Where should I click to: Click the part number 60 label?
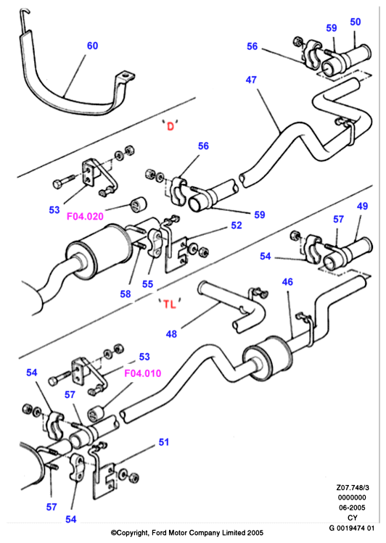92,46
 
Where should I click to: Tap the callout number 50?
355,22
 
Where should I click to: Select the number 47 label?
251,80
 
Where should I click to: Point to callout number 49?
362,207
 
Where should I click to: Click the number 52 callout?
237,225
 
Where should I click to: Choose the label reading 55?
147,284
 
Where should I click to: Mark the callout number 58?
126,294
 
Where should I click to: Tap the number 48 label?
171,334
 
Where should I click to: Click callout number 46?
287,282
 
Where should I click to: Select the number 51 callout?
163,442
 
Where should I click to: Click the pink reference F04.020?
85,217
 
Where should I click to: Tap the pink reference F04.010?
143,373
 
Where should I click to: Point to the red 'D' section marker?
170,126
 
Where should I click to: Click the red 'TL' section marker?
170,304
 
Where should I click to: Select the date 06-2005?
352,507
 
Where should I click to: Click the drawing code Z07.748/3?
353,488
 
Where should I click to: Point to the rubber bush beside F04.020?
138,204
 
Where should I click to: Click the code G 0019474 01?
352,528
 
